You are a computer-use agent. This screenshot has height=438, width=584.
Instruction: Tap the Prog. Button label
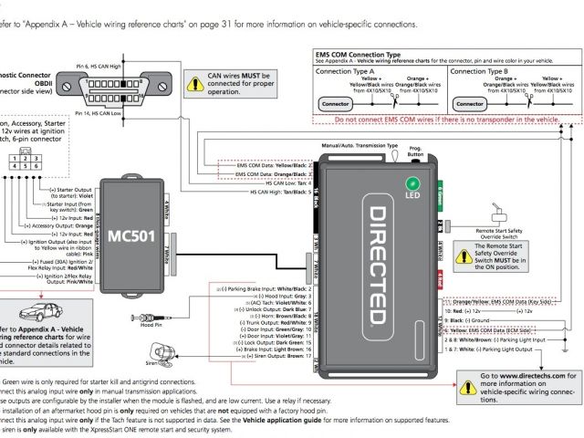pyautogui.click(x=415, y=150)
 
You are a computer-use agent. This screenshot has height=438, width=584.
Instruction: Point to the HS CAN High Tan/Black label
pyautogui.click(x=281, y=192)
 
